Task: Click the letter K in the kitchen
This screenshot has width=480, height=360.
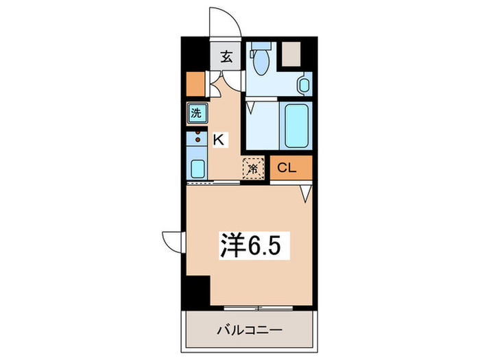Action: [x=218, y=140]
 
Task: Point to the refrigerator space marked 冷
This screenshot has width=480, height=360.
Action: [x=252, y=167]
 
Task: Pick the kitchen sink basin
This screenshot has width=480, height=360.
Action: [x=196, y=168]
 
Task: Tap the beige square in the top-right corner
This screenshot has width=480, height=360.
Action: [x=293, y=53]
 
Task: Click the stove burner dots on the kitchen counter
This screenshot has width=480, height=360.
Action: [x=198, y=134]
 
